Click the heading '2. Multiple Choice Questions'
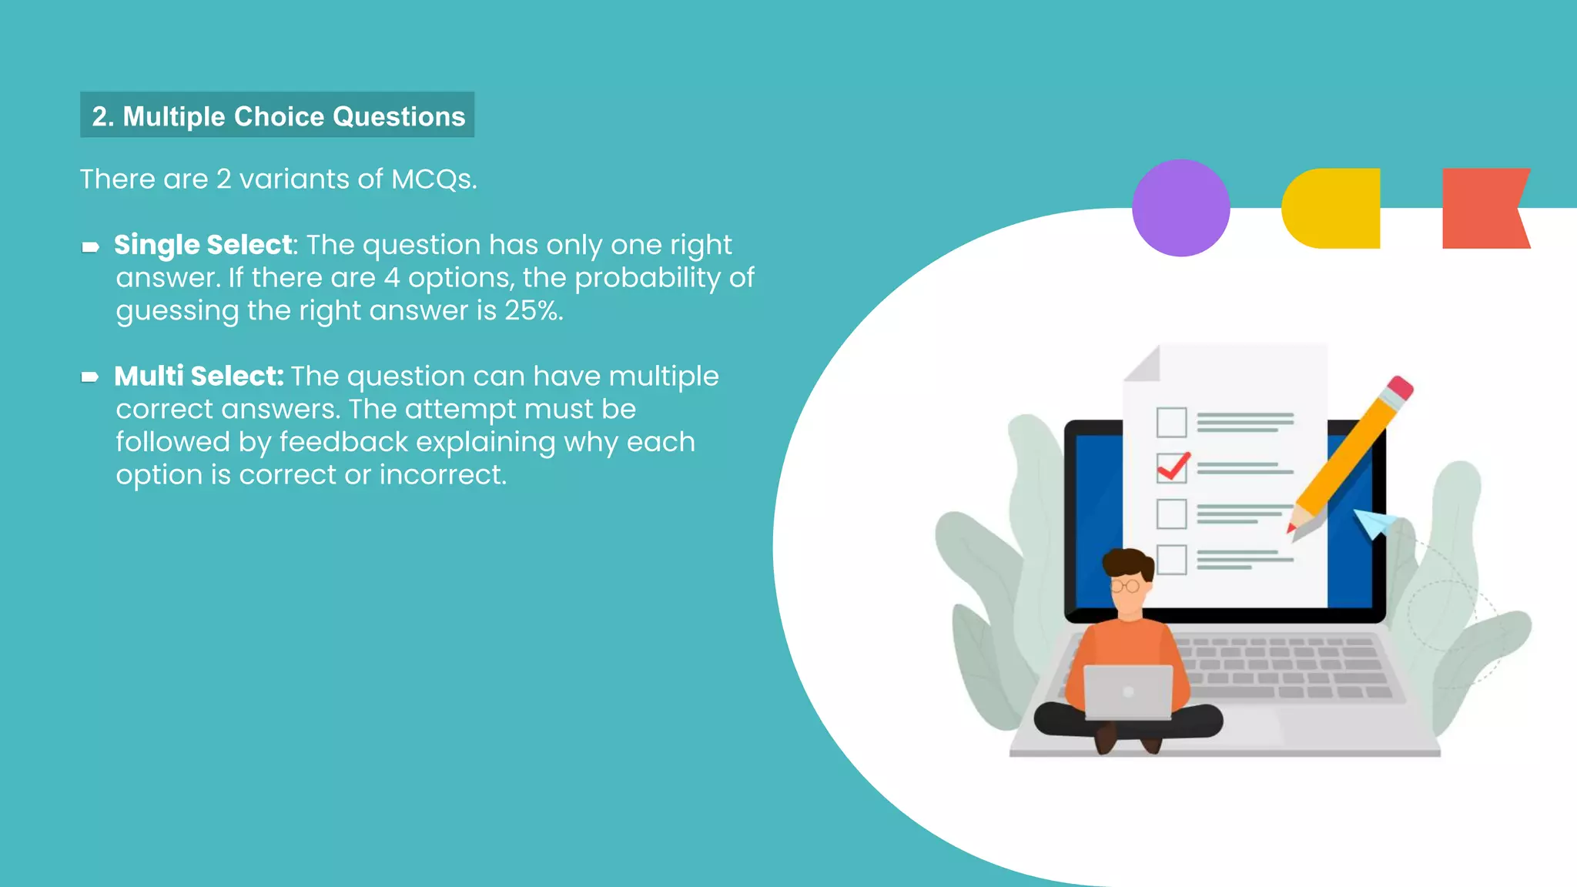[x=277, y=115]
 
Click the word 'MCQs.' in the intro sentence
[x=434, y=179]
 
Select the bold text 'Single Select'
[x=203, y=245]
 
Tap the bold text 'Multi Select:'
[x=199, y=377]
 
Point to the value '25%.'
[x=534, y=311]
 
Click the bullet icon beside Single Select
[x=90, y=247]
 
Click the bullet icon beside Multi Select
[x=90, y=377]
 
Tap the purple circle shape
[x=1180, y=208]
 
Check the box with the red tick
[x=1171, y=467]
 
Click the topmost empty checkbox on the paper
[x=1171, y=422]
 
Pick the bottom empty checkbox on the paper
[x=1171, y=560]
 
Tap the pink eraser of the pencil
[x=1401, y=387]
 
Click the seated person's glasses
[x=1125, y=587]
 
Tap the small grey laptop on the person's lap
[x=1128, y=691]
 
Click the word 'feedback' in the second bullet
[x=343, y=443]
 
